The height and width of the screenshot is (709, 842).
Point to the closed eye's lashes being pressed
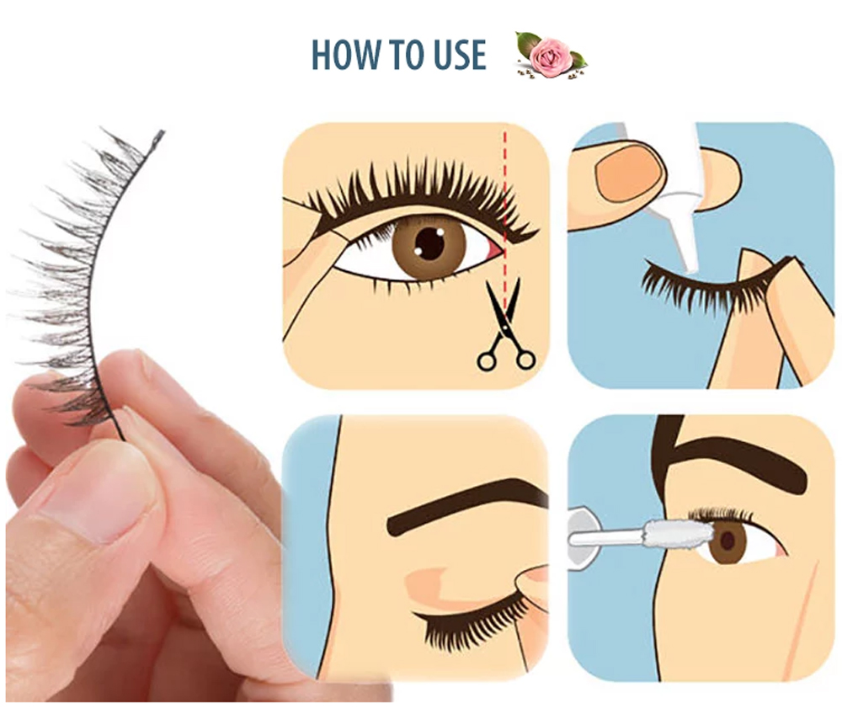[x=472, y=626]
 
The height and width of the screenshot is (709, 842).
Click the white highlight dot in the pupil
[x=440, y=232]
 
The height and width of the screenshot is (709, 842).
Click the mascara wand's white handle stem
[x=607, y=536]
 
